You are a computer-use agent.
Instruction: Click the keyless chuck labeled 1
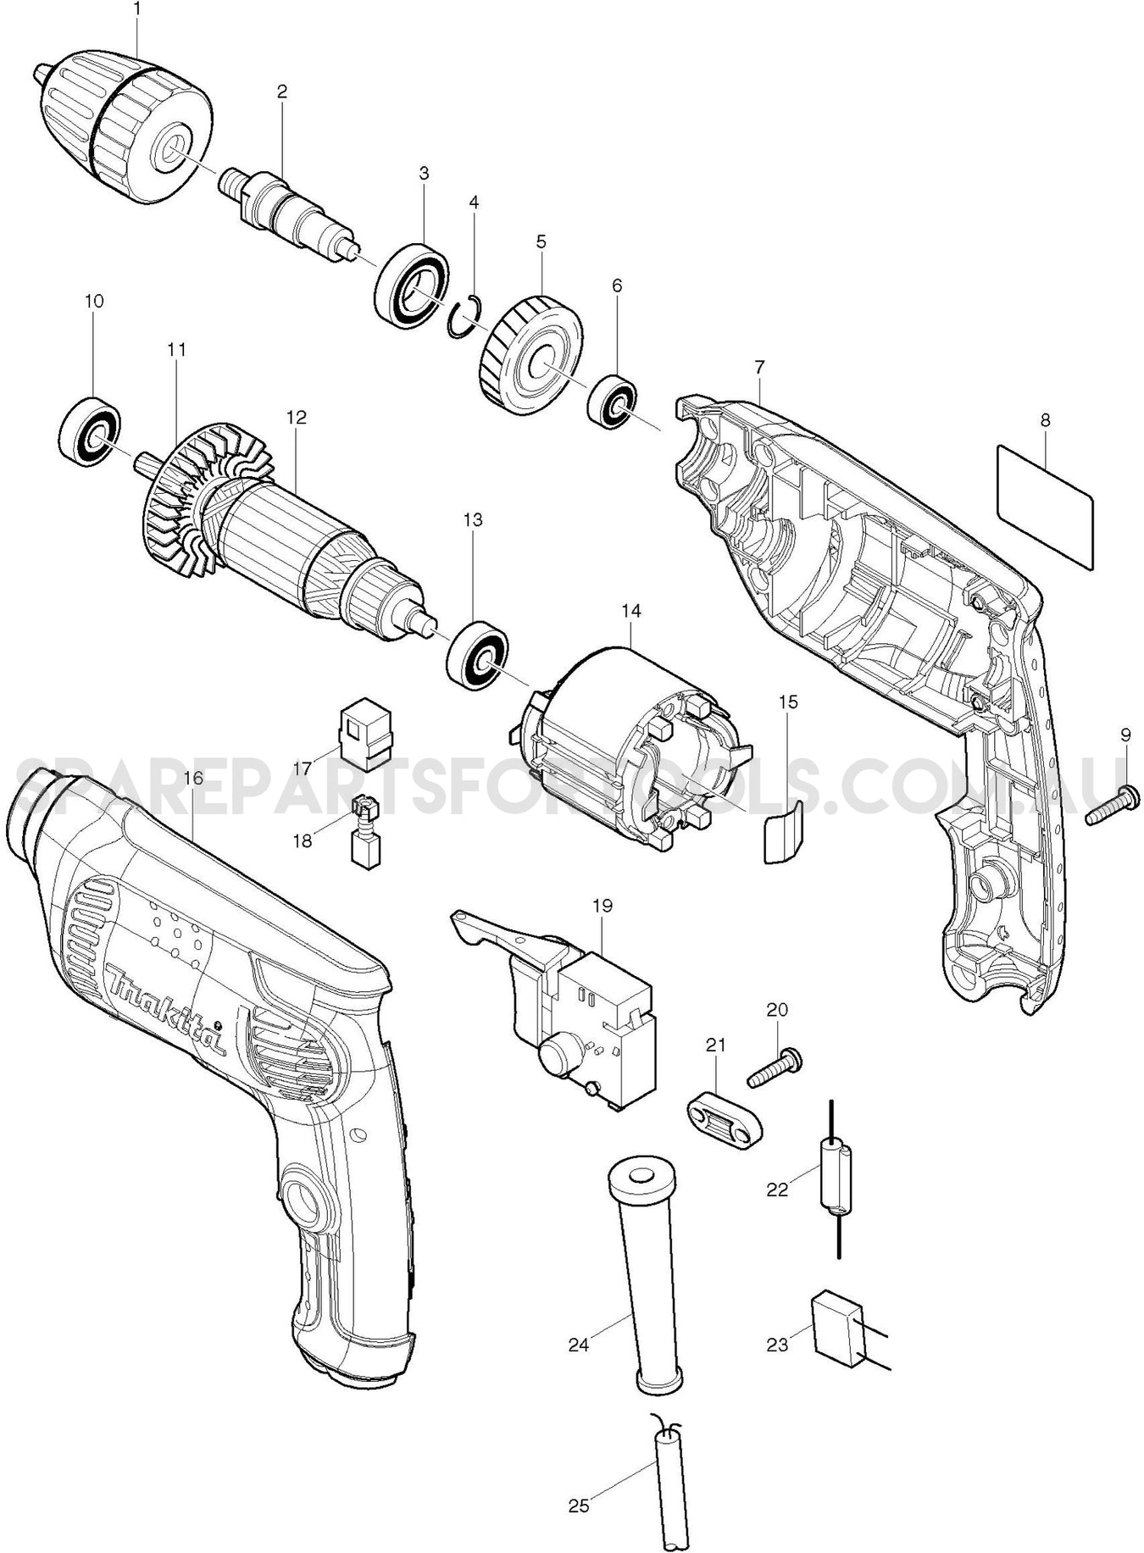(x=127, y=127)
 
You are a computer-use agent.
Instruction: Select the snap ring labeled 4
(x=464, y=317)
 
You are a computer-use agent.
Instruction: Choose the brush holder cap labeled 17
(x=365, y=734)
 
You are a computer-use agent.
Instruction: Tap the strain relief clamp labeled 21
(x=723, y=1117)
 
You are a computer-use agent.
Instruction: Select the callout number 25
(x=579, y=1506)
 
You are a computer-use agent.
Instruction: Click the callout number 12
(x=296, y=417)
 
